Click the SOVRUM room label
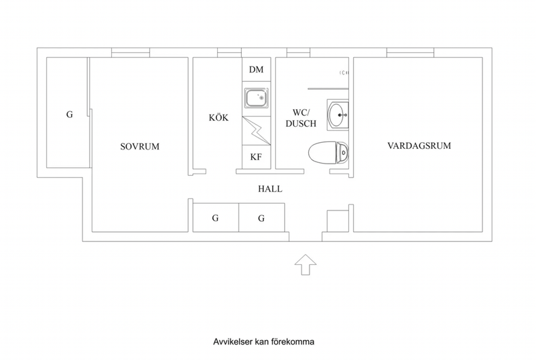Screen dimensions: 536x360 (140, 147)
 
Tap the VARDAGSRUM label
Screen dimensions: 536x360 (419, 145)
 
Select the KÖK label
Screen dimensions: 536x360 (218, 117)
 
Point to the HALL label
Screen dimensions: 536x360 (270, 189)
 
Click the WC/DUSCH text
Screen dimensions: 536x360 (301, 118)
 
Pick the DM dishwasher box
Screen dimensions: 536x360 (257, 70)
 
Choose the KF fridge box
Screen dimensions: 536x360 (257, 157)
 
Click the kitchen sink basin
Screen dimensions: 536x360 (257, 98)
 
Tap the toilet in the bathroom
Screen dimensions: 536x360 (328, 152)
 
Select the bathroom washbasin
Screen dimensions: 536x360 (338, 115)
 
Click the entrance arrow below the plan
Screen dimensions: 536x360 (306, 264)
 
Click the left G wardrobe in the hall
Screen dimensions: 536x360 (216, 217)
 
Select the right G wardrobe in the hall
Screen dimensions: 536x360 (262, 217)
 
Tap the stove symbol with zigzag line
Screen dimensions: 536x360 (257, 131)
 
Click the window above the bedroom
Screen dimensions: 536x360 (131, 52)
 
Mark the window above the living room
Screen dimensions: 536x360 (410, 52)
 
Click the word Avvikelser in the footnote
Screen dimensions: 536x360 (232, 341)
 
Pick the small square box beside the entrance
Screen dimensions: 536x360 (338, 221)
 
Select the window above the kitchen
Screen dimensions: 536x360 (229, 52)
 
